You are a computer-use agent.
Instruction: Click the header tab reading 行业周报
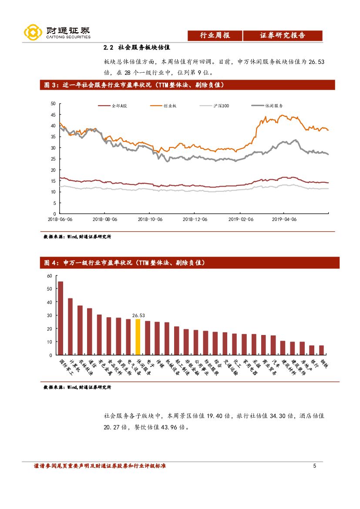(x=215, y=36)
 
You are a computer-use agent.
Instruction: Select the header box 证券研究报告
(x=283, y=36)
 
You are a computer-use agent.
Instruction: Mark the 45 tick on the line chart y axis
(x=53, y=115)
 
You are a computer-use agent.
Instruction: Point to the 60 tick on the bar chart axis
(x=49, y=276)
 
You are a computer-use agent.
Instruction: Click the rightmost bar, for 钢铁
(x=321, y=350)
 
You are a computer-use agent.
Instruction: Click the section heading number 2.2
(x=108, y=47)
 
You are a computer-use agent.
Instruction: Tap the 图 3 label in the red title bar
(x=51, y=85)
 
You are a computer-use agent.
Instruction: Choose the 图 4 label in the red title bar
(x=51, y=263)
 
